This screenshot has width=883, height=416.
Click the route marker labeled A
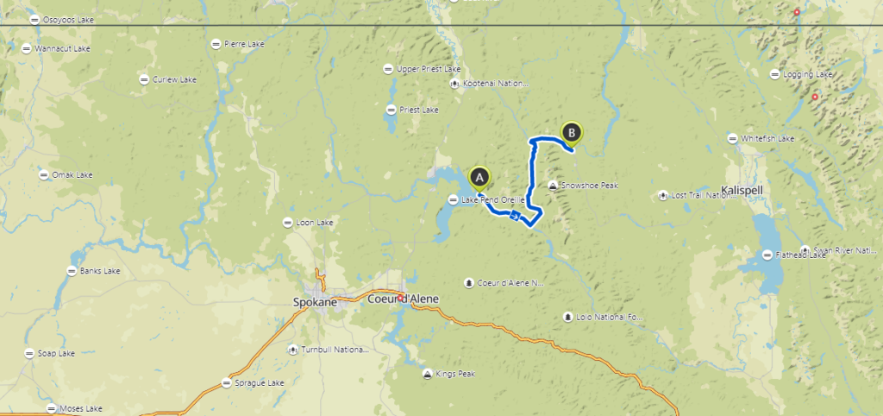479,178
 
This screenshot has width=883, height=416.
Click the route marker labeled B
571,132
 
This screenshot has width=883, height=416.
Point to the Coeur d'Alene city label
403,299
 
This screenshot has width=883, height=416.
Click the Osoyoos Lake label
66,20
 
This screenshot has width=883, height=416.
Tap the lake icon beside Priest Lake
391,110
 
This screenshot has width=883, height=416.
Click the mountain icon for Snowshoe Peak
552,186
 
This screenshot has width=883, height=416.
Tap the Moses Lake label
81,408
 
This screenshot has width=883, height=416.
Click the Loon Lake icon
287,223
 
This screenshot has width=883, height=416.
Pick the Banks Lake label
100,271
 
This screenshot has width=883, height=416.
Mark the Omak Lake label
72,175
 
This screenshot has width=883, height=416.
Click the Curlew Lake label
175,79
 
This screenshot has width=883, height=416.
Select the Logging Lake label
808,74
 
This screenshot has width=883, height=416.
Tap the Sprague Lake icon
227,382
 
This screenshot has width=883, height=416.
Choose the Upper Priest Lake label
429,69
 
